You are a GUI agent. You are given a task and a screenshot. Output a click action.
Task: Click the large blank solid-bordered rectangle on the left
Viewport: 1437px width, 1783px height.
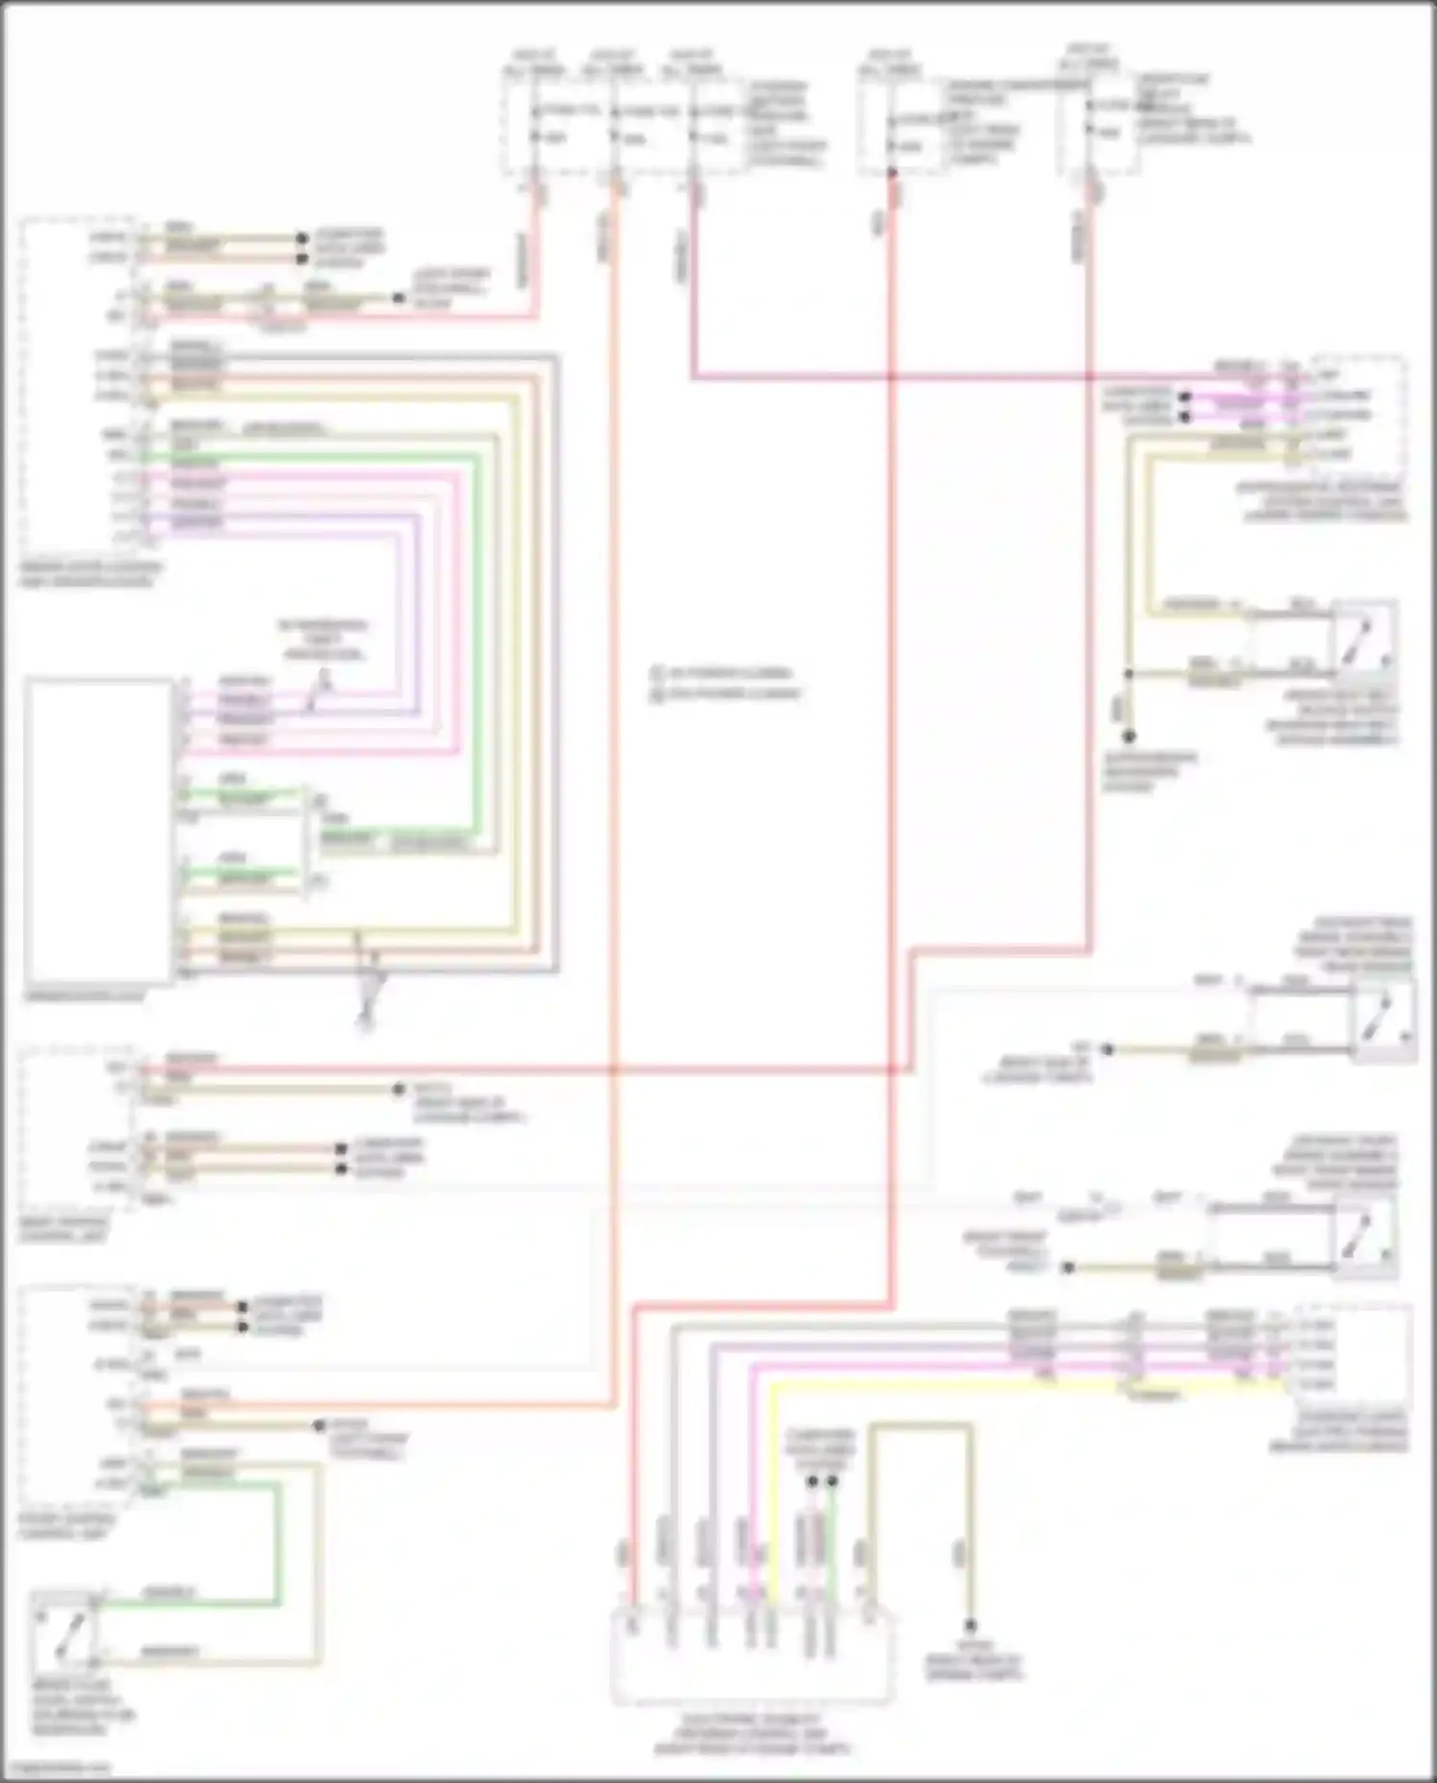click(98, 830)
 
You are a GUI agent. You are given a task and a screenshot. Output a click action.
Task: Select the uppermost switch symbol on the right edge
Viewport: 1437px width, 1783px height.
click(1364, 636)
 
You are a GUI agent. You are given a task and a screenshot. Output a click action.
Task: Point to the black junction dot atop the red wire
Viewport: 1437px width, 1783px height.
click(891, 173)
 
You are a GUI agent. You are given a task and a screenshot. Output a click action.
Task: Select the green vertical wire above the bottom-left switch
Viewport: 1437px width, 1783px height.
click(279, 1543)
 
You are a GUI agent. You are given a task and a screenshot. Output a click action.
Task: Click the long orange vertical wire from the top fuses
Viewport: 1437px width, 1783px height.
click(613, 766)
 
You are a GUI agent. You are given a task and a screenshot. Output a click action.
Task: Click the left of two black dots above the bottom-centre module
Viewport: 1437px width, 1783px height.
click(811, 1481)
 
